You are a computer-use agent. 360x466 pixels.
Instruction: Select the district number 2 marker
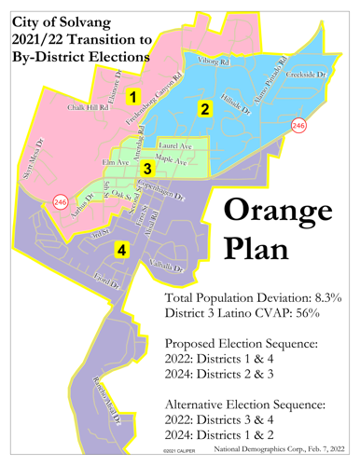tap(204, 109)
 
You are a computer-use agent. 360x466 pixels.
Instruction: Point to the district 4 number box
tap(120, 250)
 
